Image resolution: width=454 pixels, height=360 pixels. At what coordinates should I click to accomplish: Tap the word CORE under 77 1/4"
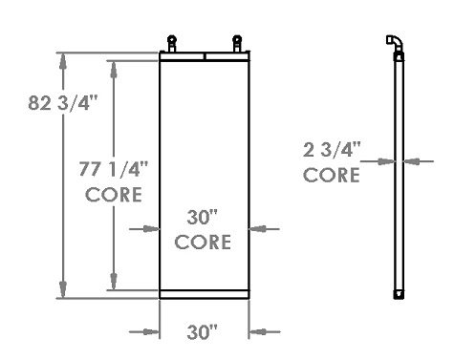coord(114,195)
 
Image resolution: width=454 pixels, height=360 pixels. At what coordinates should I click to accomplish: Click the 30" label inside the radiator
coord(204,218)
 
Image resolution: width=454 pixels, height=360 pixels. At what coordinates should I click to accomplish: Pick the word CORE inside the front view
coord(204,242)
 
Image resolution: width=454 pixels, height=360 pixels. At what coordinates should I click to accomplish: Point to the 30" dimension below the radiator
coord(203,332)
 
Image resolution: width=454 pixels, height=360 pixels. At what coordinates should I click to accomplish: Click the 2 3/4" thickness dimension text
coord(332,150)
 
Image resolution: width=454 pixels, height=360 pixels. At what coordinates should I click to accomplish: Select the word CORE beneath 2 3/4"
coord(332,175)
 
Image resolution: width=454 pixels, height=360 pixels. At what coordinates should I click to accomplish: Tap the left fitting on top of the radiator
coord(172,44)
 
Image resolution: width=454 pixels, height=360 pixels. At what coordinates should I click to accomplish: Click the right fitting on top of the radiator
coord(236,44)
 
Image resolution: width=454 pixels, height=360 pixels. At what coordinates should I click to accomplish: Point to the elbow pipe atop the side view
coord(394,42)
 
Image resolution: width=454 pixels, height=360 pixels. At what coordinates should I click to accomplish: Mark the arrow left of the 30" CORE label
coord(149,228)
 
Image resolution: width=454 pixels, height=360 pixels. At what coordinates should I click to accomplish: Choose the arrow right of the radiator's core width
coord(260,228)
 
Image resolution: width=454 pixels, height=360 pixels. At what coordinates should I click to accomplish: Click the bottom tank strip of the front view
coord(204,294)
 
